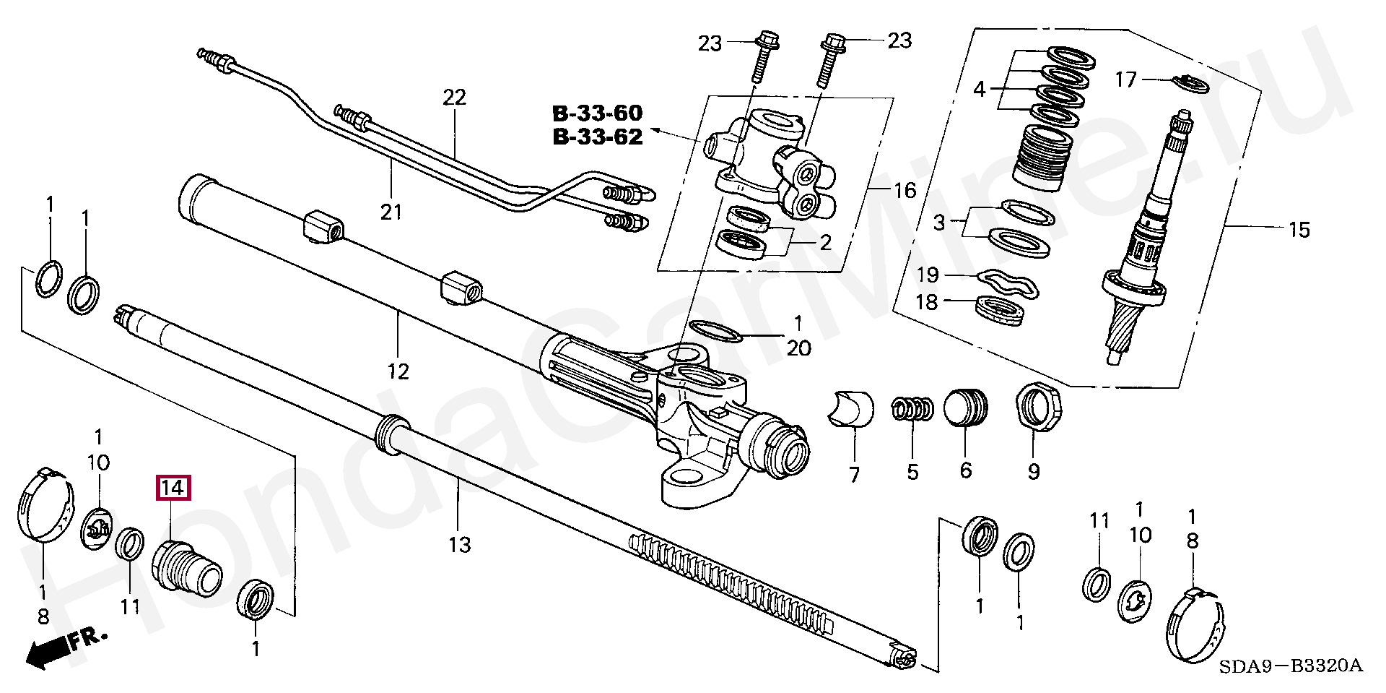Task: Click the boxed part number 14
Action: tap(173, 488)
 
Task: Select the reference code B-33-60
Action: tap(597, 113)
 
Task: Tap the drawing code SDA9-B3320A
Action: tap(1290, 666)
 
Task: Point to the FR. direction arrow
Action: tap(65, 647)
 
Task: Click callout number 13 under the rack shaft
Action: tap(459, 545)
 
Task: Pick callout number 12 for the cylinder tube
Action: tap(398, 371)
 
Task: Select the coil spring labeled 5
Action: tap(912, 409)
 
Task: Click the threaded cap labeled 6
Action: tap(966, 408)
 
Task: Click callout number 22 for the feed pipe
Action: tap(455, 97)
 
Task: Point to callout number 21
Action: tap(391, 212)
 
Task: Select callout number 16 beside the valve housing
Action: tap(905, 191)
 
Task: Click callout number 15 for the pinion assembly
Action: tap(1299, 230)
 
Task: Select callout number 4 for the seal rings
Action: tap(979, 90)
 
